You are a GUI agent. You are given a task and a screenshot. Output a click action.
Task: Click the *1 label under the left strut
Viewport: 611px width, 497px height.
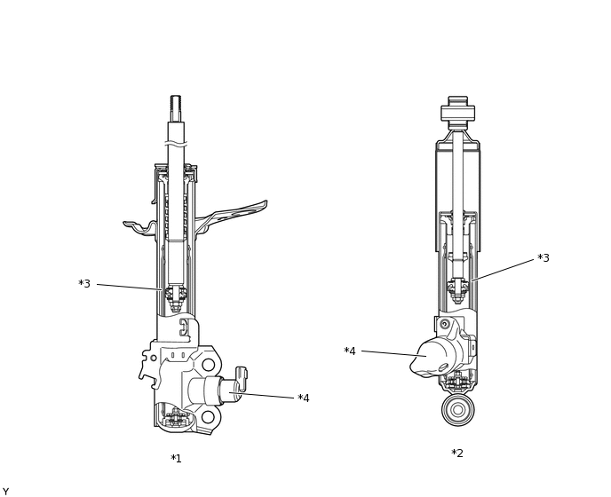pyautogui.click(x=176, y=459)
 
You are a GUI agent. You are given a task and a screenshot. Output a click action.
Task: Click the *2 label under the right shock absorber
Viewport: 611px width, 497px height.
pyautogui.click(x=457, y=453)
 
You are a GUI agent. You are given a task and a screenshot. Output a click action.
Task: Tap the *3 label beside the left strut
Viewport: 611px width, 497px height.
pyautogui.click(x=84, y=283)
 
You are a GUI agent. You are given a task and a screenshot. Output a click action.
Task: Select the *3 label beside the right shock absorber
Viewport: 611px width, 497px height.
pyautogui.click(x=544, y=257)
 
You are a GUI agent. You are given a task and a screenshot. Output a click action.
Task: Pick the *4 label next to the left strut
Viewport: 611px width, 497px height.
pyautogui.click(x=304, y=398)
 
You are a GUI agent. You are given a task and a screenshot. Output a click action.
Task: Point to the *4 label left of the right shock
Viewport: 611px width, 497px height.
pyautogui.click(x=350, y=351)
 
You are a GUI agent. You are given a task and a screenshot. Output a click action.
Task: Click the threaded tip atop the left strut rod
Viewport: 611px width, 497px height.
pyautogui.click(x=175, y=108)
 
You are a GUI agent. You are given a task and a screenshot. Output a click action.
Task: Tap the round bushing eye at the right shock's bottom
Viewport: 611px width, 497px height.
pyautogui.click(x=458, y=410)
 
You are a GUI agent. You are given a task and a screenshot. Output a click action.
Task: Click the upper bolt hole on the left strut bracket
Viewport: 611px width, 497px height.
pyautogui.click(x=208, y=365)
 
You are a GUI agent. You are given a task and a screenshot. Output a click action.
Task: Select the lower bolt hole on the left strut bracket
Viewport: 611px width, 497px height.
pyautogui.click(x=208, y=417)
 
